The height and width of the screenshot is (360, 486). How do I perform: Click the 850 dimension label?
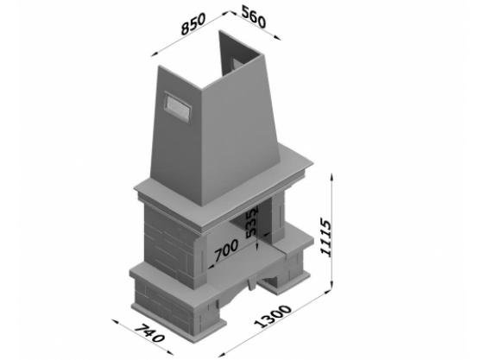(193, 23)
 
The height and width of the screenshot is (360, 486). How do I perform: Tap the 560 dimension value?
(254, 17)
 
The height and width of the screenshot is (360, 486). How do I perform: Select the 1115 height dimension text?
(325, 237)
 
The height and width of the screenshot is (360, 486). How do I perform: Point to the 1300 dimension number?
(273, 316)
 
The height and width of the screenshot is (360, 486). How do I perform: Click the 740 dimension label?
(148, 333)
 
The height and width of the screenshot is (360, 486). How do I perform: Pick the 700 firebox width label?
(226, 249)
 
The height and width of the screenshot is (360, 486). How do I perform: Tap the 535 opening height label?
(252, 222)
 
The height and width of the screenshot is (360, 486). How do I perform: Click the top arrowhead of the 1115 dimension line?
(332, 177)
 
